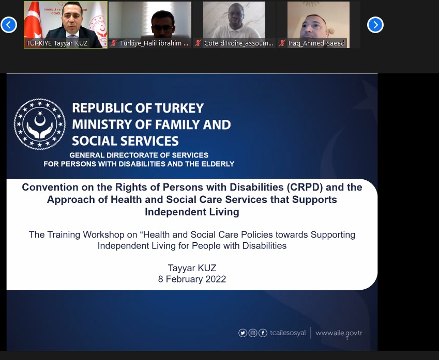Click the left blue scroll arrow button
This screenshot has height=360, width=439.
[x=9, y=25]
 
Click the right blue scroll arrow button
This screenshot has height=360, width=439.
[x=375, y=25]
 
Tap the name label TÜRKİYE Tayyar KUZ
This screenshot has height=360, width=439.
[x=57, y=43]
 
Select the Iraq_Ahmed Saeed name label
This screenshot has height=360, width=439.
[x=316, y=43]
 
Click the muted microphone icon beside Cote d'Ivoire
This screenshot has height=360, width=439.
[x=198, y=43]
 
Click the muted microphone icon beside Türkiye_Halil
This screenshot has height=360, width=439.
[x=113, y=43]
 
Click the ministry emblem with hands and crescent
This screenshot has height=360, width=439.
[x=40, y=124]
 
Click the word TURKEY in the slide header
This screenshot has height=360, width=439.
[x=179, y=108]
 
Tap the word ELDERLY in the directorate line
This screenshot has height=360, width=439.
[x=218, y=164]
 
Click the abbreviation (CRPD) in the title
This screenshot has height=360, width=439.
[x=305, y=187]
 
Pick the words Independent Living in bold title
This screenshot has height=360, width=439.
[x=192, y=212]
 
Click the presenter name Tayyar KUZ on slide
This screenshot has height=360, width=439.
[x=192, y=268]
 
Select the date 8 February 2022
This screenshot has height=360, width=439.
[x=192, y=279]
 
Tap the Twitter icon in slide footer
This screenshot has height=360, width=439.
[x=243, y=333]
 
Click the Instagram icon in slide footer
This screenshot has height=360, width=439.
[x=253, y=333]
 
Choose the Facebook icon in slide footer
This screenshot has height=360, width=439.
[x=263, y=333]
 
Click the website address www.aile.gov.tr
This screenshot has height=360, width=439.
[x=339, y=333]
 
